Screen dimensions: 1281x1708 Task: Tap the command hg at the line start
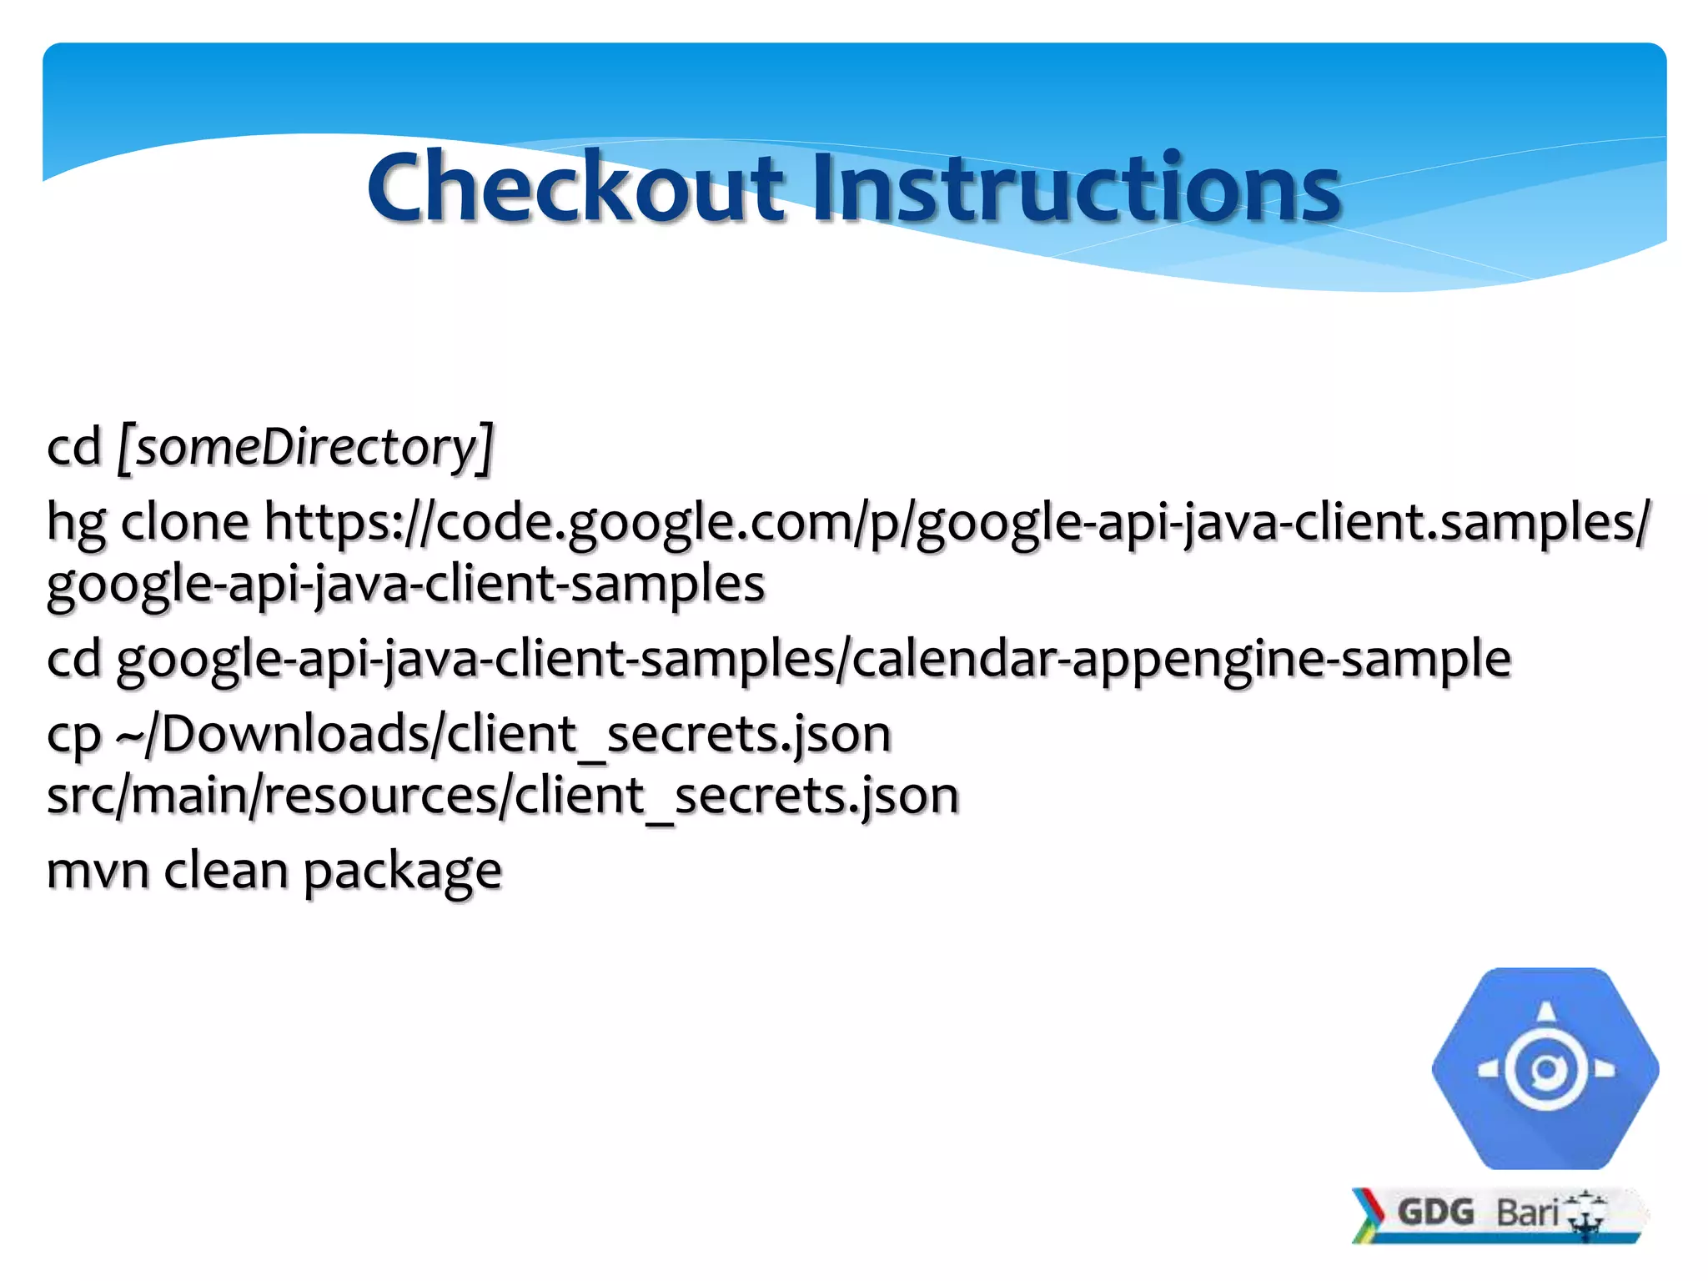coord(76,524)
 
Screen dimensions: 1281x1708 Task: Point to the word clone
coord(185,522)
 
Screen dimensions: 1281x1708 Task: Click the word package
coord(403,872)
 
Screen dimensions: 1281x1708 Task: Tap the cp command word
coord(73,736)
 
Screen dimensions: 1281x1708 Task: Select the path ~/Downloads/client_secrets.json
coord(504,735)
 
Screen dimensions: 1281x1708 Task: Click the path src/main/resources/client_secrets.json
coord(503,796)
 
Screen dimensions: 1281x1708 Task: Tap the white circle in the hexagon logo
coord(1546,1069)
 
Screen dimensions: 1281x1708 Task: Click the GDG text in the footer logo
coord(1435,1212)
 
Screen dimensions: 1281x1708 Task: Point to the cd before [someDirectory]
coord(73,447)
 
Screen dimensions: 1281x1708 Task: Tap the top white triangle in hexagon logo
coord(1546,1012)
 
